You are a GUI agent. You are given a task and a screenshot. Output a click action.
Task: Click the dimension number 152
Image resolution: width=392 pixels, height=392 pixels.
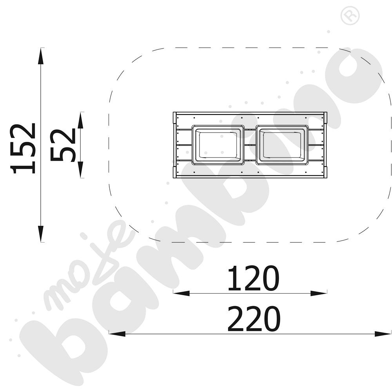[22, 148]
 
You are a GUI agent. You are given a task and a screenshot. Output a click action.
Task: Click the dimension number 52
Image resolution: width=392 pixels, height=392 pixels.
[63, 145]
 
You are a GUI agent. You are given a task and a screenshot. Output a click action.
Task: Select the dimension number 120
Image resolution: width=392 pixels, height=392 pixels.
[253, 278]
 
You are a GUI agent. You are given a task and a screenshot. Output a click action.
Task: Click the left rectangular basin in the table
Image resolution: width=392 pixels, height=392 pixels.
[217, 145]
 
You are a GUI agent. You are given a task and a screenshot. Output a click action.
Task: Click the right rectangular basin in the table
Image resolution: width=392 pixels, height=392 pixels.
[282, 145]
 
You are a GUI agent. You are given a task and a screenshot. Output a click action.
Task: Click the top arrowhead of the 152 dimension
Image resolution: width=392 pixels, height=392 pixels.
[40, 56]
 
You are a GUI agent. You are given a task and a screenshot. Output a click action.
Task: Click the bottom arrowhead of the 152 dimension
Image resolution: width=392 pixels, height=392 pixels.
[40, 234]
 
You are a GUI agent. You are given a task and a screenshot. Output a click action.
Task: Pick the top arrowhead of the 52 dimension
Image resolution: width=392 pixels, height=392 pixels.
[80, 120]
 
